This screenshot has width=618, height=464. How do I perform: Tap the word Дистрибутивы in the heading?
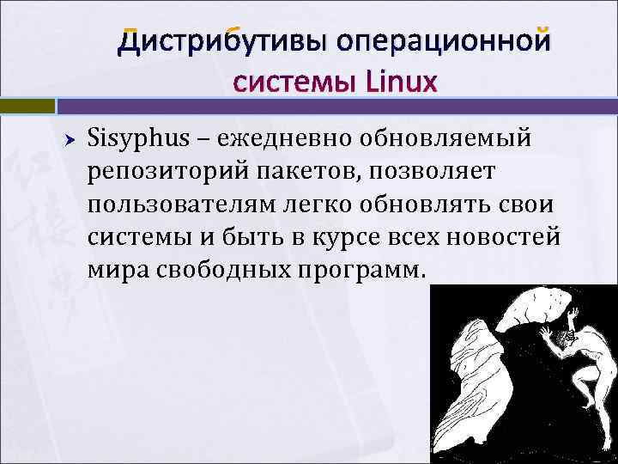click(x=221, y=41)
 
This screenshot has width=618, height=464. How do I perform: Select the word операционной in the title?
click(x=441, y=41)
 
